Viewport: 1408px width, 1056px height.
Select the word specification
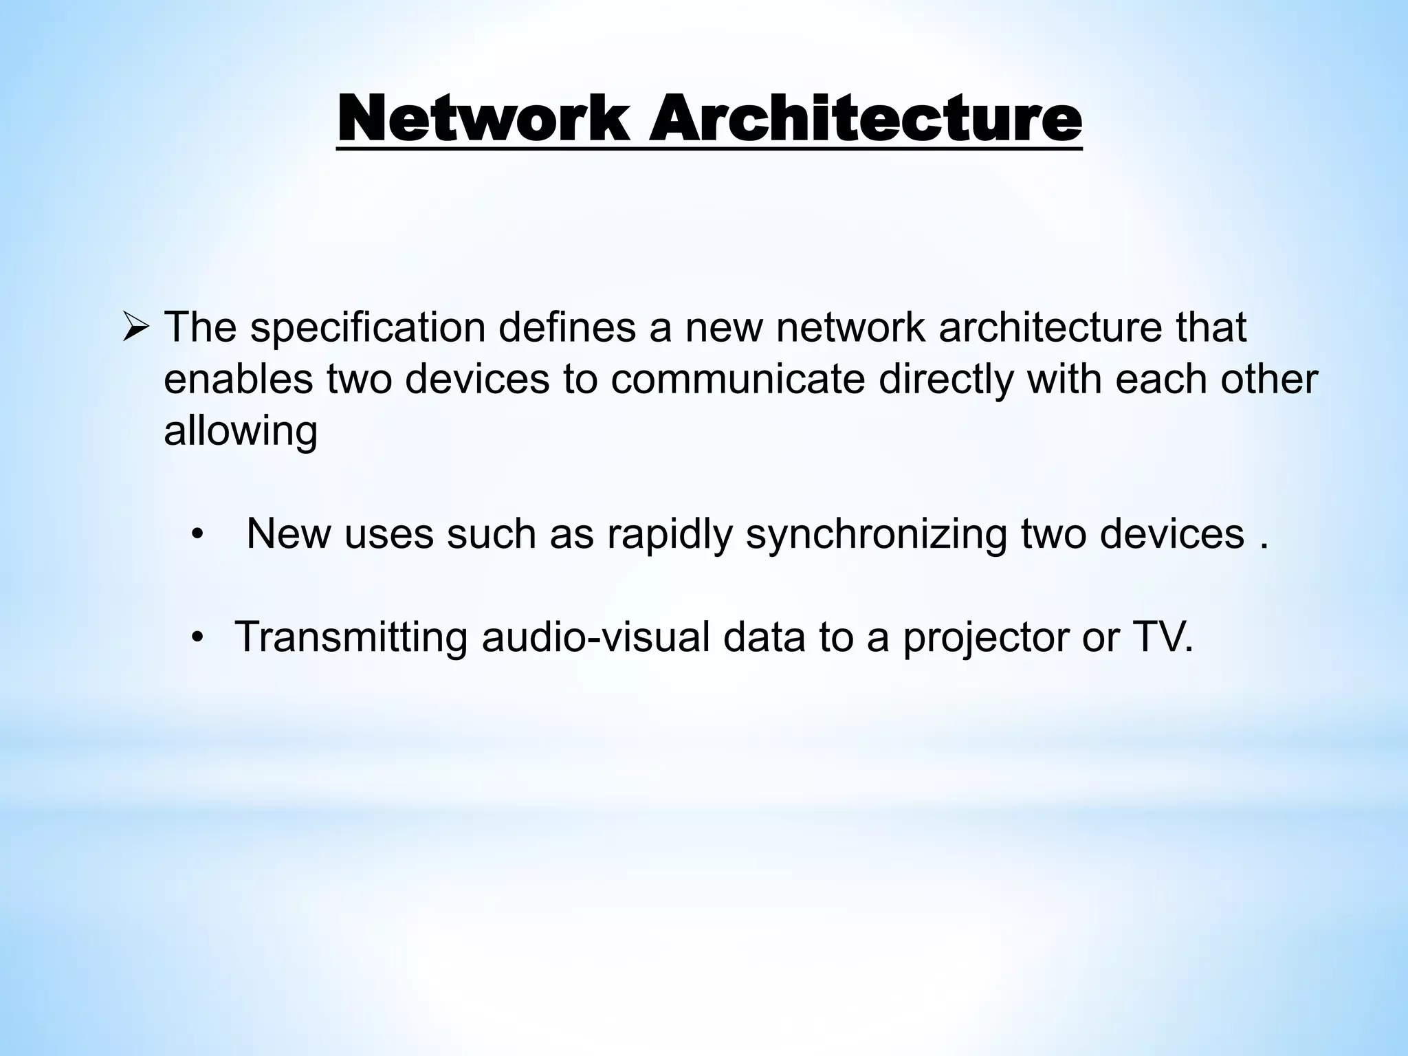point(367,328)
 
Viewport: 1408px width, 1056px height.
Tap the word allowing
point(240,432)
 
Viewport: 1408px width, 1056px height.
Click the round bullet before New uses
point(198,535)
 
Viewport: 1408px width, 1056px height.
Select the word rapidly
point(669,534)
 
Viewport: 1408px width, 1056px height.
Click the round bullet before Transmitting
point(198,638)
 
